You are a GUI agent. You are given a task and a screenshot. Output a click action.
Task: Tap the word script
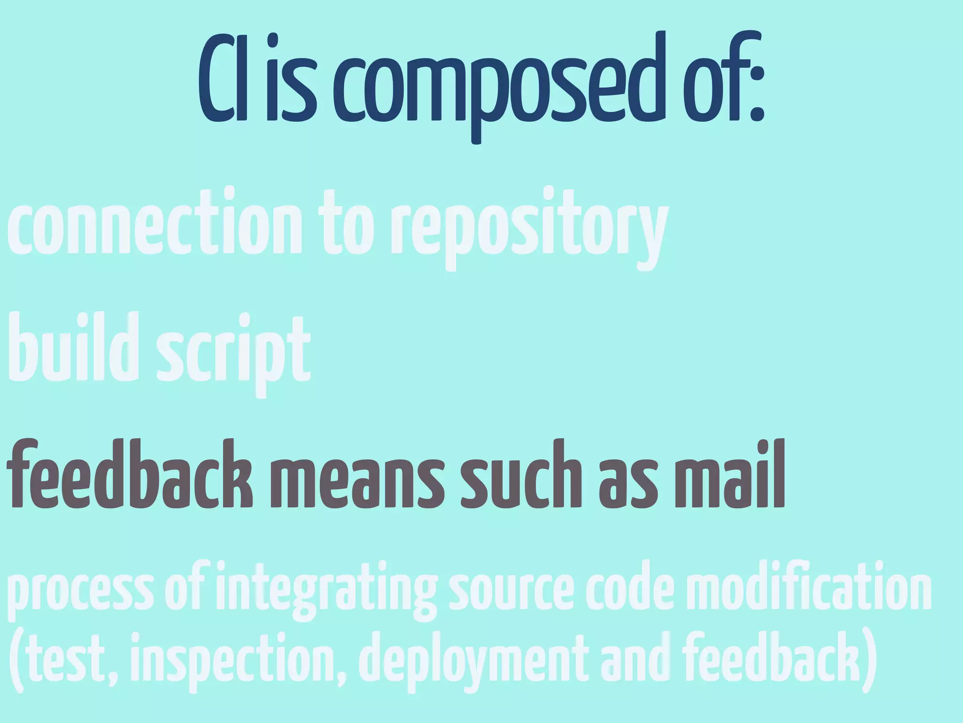click(x=233, y=353)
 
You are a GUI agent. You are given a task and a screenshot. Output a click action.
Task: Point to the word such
click(x=522, y=475)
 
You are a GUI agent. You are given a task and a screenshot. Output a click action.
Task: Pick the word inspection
click(x=238, y=664)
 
